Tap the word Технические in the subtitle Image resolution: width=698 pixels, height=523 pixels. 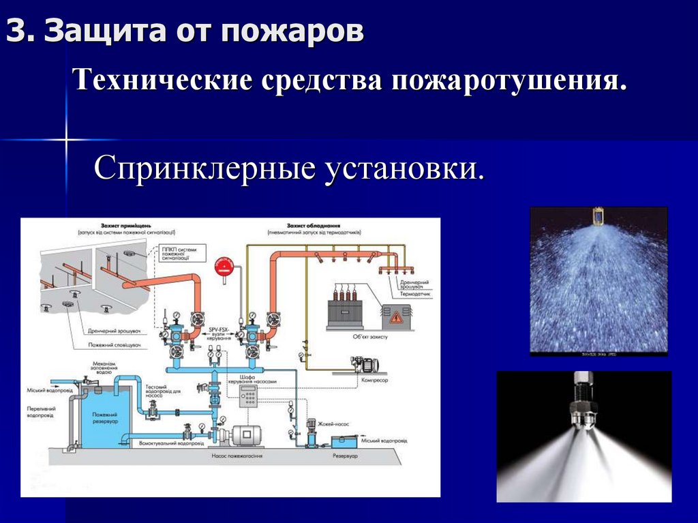pyautogui.click(x=162, y=82)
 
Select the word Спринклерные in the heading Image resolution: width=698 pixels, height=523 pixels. pyautogui.click(x=203, y=168)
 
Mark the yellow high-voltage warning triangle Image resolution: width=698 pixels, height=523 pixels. pyautogui.click(x=396, y=316)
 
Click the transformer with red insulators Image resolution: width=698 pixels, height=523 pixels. pyautogui.click(x=348, y=310)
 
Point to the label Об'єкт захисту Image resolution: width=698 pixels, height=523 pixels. pyautogui.click(x=353, y=335)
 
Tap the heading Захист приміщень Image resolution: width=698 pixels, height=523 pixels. pyautogui.click(x=119, y=224)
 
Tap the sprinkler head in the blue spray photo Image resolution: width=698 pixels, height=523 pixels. pyautogui.click(x=598, y=216)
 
